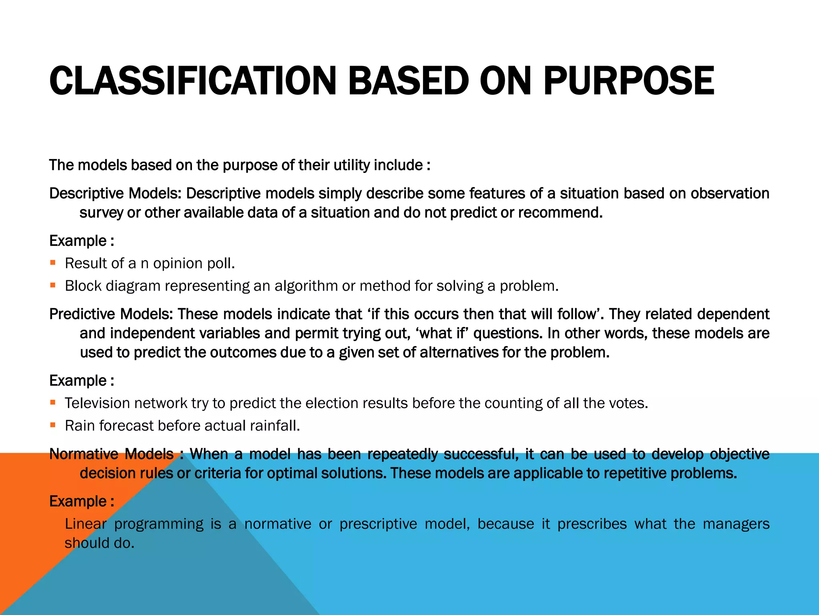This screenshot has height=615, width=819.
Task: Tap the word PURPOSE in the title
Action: tap(628, 81)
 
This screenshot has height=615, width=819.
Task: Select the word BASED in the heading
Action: tap(408, 81)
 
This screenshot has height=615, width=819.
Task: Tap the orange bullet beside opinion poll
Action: tap(53, 263)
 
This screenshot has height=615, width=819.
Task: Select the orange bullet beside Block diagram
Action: tap(53, 285)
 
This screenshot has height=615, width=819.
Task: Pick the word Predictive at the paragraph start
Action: tap(82, 314)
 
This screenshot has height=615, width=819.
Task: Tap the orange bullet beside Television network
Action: tap(53, 403)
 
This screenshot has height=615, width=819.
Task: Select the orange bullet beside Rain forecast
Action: tap(53, 425)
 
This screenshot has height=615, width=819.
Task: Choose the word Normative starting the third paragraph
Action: tap(84, 454)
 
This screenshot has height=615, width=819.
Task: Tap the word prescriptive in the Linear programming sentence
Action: tap(378, 524)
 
